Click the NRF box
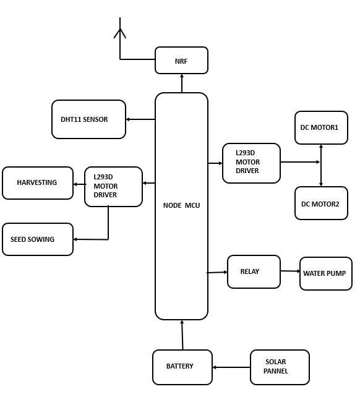(181, 60)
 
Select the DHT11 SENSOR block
(88, 119)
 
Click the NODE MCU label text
(181, 205)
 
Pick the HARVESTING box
(38, 183)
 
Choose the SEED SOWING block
(38, 239)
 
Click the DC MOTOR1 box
(321, 127)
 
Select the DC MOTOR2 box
(321, 203)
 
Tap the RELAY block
(254, 271)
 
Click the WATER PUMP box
(326, 273)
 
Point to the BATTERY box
(182, 367)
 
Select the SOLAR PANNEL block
(280, 367)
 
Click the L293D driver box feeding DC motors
(251, 163)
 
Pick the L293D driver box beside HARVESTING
(113, 187)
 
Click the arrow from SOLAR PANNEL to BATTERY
(231, 367)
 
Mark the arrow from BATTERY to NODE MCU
(182, 335)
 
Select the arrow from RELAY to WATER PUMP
(290, 271)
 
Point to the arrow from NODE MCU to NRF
(182, 83)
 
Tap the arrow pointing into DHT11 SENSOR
(140, 119)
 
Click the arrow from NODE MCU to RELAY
(217, 273)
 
